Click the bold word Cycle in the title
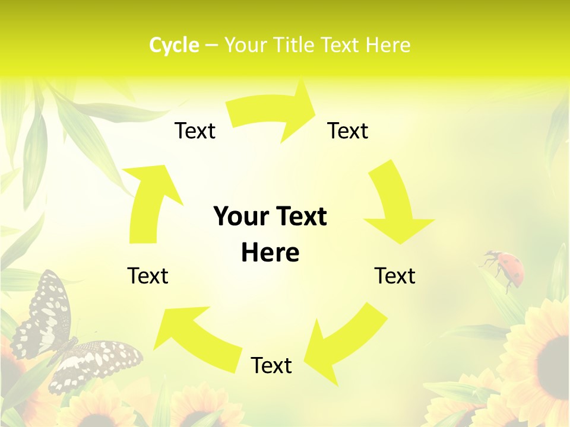[174, 45]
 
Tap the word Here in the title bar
[388, 45]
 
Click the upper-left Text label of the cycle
[195, 130]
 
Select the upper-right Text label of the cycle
[348, 130]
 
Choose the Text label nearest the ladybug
[395, 276]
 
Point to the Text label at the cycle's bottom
[271, 365]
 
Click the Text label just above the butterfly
[148, 276]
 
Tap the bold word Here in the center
[270, 253]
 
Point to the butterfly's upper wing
[47, 308]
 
